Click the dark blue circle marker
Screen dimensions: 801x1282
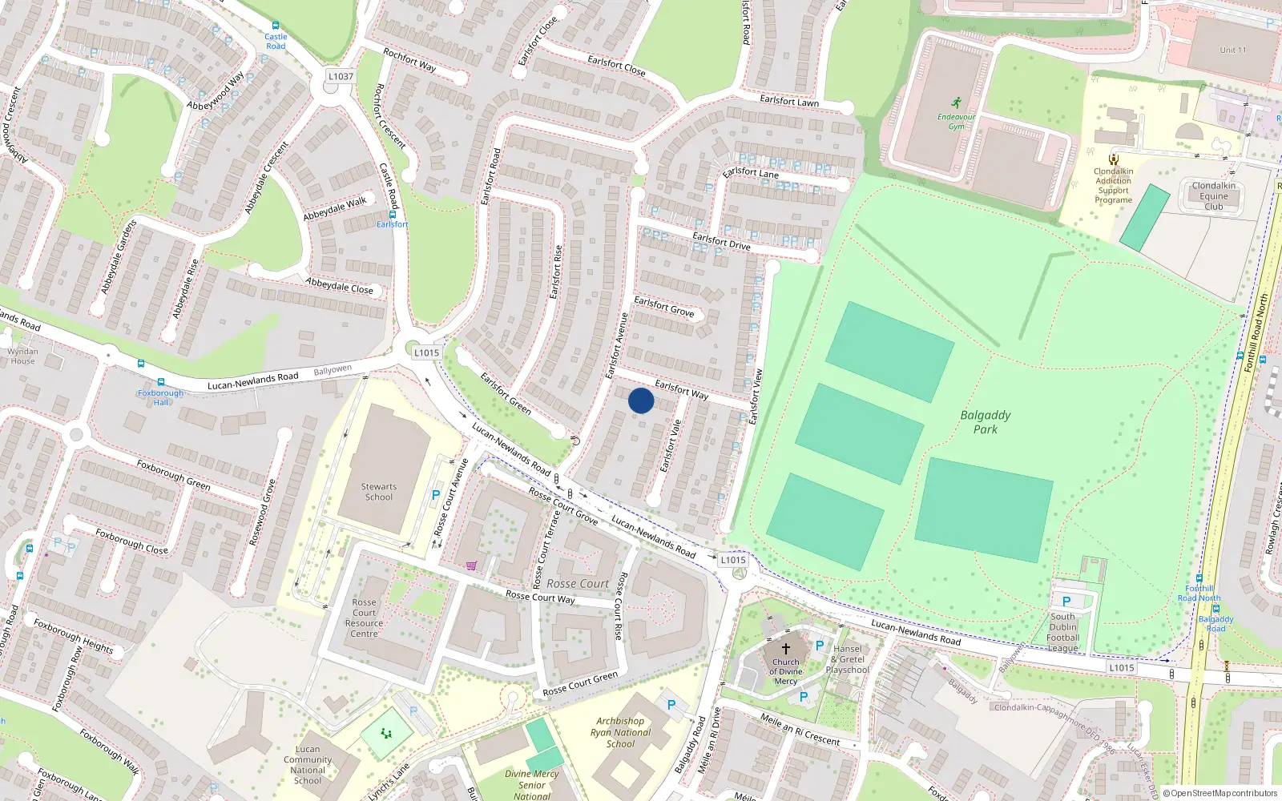(x=641, y=400)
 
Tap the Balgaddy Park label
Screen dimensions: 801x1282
(x=986, y=422)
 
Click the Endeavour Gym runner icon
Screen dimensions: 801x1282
(x=956, y=103)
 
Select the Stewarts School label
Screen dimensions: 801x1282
(x=379, y=492)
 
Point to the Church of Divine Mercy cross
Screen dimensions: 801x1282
(x=786, y=649)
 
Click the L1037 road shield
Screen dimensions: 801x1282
(x=341, y=76)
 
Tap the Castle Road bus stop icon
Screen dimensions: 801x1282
(x=276, y=26)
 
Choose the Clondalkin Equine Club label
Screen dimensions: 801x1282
(x=1213, y=196)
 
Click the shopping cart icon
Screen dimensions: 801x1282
(x=471, y=566)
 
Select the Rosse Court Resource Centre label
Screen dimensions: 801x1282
(x=364, y=618)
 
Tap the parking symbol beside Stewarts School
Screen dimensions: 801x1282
(x=436, y=496)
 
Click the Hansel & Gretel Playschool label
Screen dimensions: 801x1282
(x=847, y=659)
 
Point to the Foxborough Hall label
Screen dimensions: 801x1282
(x=161, y=397)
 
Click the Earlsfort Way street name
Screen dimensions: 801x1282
(x=681, y=390)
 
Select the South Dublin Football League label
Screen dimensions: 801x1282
(x=1063, y=633)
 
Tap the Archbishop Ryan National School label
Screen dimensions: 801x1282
(x=620, y=732)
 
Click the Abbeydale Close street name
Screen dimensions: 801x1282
(x=339, y=286)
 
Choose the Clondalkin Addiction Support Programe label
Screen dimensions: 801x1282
(x=1114, y=186)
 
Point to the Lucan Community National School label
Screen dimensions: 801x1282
(x=308, y=765)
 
